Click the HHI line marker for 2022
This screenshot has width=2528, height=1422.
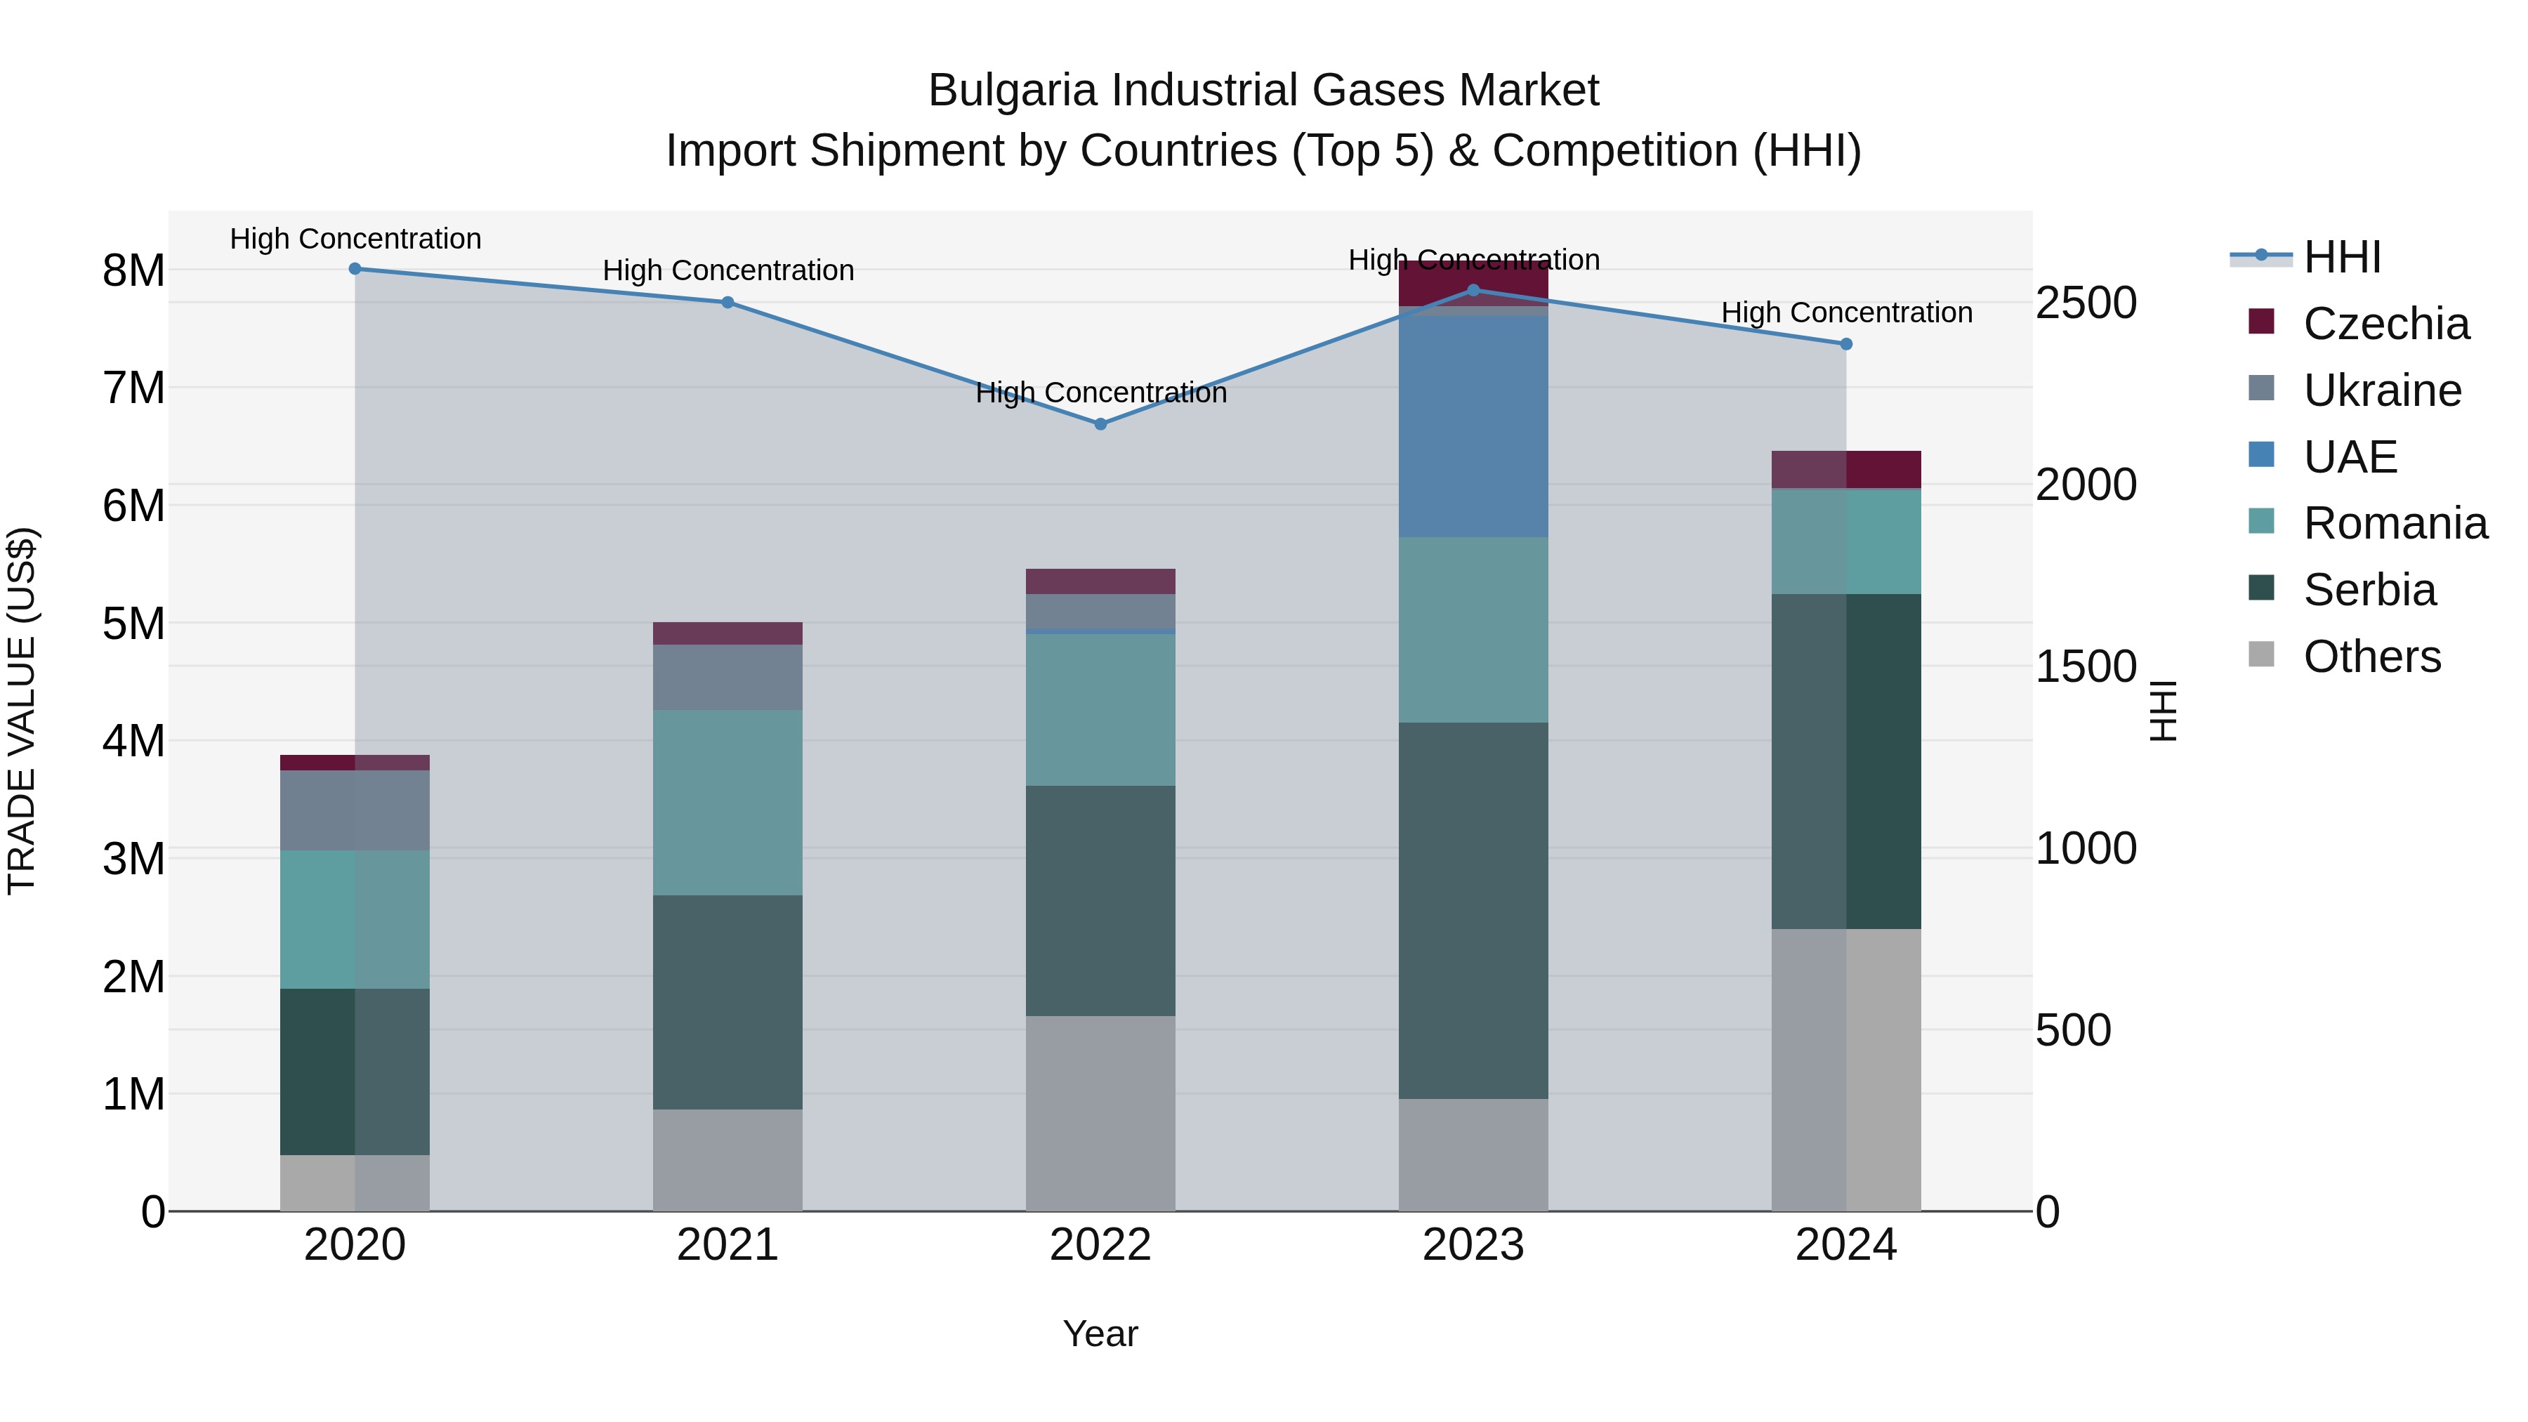[1100, 424]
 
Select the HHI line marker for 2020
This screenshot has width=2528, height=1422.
[355, 269]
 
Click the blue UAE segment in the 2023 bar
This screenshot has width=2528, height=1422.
[1473, 427]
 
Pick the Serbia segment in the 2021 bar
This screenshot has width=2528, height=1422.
[728, 1002]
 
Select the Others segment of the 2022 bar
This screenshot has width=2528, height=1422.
[1100, 1113]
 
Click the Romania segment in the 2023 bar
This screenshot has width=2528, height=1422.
[1473, 629]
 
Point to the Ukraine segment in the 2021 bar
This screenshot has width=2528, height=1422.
[728, 677]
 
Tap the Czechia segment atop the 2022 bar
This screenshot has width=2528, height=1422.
[1100, 581]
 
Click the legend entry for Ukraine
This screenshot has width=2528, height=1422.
[2382, 390]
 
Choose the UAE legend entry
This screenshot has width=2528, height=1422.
[2350, 457]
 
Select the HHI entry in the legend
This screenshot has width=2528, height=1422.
[2341, 257]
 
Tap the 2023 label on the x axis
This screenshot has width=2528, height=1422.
[1473, 1245]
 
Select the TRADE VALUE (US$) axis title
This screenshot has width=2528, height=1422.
[22, 711]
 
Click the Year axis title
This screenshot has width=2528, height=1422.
[1100, 1334]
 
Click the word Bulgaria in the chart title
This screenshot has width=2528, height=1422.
[1013, 91]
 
